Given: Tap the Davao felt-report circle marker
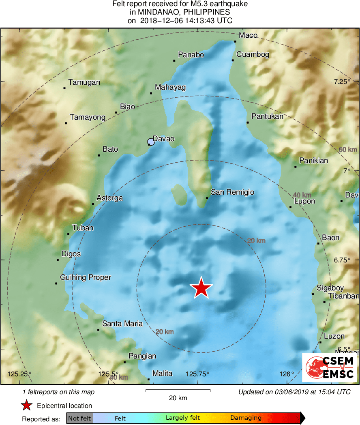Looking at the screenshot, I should (151, 142).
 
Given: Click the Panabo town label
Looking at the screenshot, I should (191, 55).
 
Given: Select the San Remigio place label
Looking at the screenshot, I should (232, 192).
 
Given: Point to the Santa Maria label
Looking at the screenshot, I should (122, 324).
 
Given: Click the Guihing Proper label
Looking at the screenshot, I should (86, 277).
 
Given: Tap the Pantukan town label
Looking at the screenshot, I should (267, 116).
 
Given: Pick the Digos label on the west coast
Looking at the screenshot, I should (71, 254).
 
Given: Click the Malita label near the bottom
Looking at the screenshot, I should (162, 373).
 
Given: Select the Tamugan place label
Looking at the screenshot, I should (84, 82).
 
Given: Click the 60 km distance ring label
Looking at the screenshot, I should (347, 150).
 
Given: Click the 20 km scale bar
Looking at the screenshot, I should (178, 391).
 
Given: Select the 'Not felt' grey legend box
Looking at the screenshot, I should (79, 418).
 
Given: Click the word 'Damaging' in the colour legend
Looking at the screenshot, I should (246, 418).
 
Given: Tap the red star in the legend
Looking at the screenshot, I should (27, 405).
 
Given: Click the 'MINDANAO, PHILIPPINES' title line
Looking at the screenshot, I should (180, 12).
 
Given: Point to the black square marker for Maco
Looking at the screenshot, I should (236, 41).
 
